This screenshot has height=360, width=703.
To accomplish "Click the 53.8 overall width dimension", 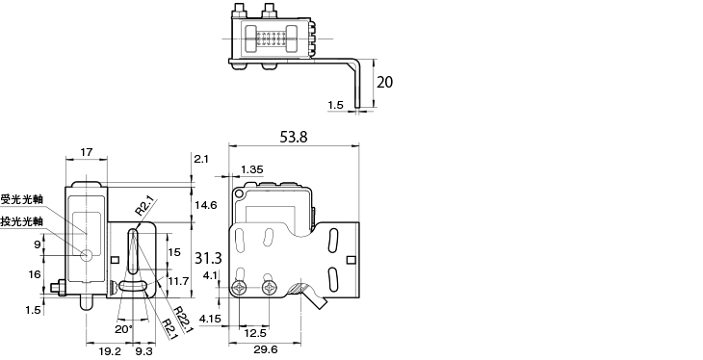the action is pos(294,137).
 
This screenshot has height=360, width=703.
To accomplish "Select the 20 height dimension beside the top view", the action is pos(384,82).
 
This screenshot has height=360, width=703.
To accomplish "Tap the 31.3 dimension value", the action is pos(208,258).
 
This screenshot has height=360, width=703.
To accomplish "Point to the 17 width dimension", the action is pos(87,152).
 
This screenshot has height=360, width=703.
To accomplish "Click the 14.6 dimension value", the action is pos(207,205).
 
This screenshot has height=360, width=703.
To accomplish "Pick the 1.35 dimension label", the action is pos(252,169).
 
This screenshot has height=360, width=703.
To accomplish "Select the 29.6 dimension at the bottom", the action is pos(265,350).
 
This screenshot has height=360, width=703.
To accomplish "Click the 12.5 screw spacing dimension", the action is pos(254,334).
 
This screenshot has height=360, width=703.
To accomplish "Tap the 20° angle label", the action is pos(124,329).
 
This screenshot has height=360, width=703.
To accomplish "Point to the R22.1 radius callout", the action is pos(184,320).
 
